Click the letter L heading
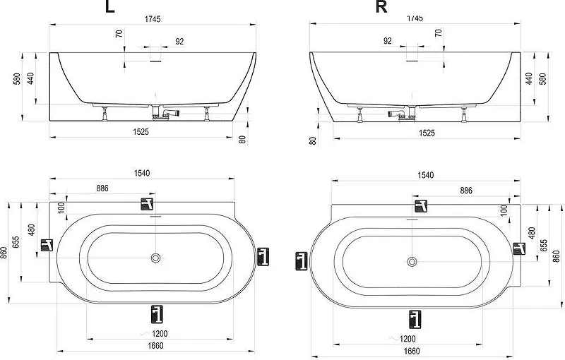[x=110, y=6]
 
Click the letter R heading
[x=381, y=6]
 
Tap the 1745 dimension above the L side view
[x=153, y=19]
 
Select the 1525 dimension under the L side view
[x=141, y=132]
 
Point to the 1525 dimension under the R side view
[x=427, y=133]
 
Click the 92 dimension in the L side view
[x=179, y=42]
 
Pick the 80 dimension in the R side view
[x=313, y=140]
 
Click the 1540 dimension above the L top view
[x=142, y=173]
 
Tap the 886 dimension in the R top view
[x=466, y=191]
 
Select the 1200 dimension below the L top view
[x=160, y=334]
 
